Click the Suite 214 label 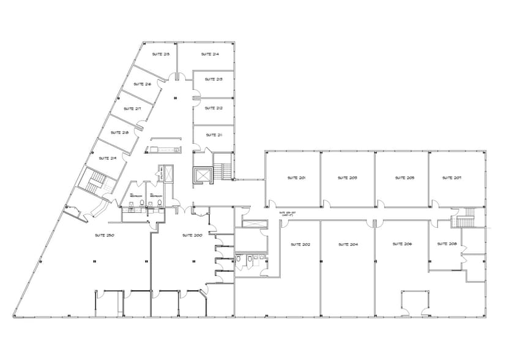[210, 54]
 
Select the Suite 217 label [132, 108]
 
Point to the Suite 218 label [119, 133]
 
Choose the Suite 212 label [214, 108]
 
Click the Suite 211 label [214, 135]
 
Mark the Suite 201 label [296, 178]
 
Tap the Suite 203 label [347, 178]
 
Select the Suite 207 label [452, 178]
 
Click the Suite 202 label [300, 244]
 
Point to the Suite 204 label [347, 244]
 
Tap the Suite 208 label [447, 244]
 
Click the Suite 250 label [105, 235]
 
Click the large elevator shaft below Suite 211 [201, 174]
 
